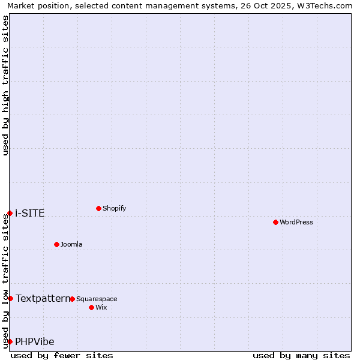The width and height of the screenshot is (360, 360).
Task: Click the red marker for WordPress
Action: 275,222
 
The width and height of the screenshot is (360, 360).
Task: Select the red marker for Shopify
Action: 98,208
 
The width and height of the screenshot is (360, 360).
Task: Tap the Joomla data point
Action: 56,244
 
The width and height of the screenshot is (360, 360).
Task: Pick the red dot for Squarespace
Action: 72,299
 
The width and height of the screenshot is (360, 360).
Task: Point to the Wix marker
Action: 91,307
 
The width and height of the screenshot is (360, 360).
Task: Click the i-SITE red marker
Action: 10,213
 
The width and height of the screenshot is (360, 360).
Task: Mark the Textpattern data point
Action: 10,298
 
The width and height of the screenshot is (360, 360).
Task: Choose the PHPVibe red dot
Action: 10,341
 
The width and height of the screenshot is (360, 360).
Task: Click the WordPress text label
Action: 296,222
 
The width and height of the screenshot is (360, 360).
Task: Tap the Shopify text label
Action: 114,208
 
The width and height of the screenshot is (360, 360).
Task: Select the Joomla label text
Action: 71,244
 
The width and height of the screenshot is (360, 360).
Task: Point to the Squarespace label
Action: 97,299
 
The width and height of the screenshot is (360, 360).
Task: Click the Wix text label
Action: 101,307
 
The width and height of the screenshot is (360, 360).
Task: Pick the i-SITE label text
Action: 30,213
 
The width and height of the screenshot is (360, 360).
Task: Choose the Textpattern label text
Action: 43,298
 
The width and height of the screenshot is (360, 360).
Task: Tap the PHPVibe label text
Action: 35,341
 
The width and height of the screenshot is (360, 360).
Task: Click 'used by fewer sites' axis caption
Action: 62,355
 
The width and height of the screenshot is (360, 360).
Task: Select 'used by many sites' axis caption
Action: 301,355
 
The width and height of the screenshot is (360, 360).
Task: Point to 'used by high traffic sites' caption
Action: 6,85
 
